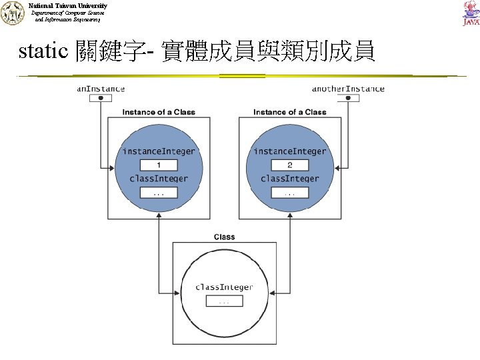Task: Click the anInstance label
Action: click(x=101, y=89)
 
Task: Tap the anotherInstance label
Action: click(x=348, y=89)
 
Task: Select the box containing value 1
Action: click(x=159, y=165)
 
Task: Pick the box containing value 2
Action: click(x=289, y=165)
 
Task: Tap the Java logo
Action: click(x=470, y=13)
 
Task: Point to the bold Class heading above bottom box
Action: click(x=224, y=237)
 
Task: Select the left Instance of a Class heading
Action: click(x=159, y=112)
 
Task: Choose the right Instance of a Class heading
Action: click(x=290, y=112)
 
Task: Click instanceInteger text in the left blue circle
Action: click(x=159, y=151)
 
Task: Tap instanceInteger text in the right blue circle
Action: click(x=290, y=151)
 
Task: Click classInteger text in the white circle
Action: click(x=224, y=287)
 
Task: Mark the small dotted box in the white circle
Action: click(x=224, y=301)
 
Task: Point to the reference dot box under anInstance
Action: click(x=101, y=98)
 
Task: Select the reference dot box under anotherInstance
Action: click(x=348, y=98)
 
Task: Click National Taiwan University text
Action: click(x=68, y=5)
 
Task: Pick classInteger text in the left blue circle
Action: click(x=159, y=179)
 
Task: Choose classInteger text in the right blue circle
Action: click(x=290, y=179)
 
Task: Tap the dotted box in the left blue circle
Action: click(x=159, y=193)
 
